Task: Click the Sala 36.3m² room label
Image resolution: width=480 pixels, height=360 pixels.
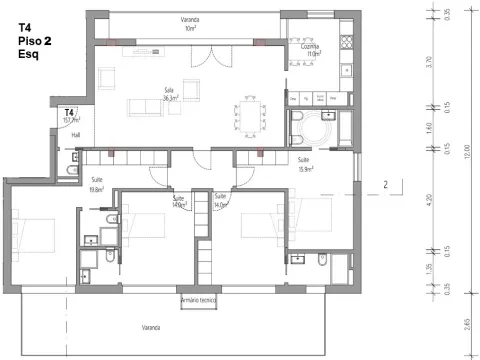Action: (170, 95)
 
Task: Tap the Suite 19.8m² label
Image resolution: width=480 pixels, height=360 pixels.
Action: (97, 184)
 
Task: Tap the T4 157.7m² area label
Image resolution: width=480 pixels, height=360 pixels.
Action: (71, 115)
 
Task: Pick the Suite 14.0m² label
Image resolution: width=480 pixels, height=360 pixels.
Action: (221, 200)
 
